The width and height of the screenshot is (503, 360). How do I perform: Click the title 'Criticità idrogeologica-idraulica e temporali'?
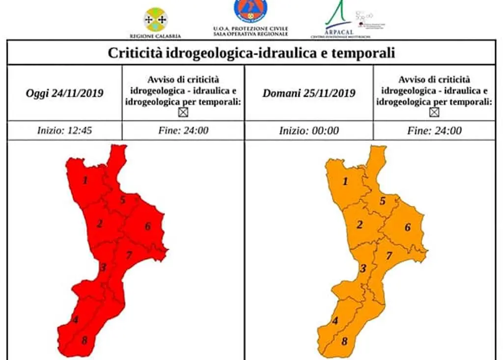click(x=251, y=53)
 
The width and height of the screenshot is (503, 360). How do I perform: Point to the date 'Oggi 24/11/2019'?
click(x=64, y=93)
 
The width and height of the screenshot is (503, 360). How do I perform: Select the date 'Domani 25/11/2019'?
click(x=308, y=93)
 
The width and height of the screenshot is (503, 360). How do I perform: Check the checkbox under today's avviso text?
click(x=183, y=112)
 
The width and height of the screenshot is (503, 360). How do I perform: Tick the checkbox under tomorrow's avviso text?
click(x=434, y=112)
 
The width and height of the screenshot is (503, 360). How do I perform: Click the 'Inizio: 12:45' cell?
click(x=64, y=131)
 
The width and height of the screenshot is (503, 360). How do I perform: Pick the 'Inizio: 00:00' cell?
click(x=308, y=131)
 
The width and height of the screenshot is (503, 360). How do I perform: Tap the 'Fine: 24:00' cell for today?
click(x=183, y=131)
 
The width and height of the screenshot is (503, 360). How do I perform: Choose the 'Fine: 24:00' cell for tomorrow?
click(x=434, y=131)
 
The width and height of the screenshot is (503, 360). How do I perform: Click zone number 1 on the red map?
click(x=85, y=180)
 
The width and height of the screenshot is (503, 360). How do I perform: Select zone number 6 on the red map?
click(x=147, y=226)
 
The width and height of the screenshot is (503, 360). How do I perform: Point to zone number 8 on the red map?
click(x=84, y=340)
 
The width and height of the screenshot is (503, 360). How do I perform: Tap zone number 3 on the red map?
click(x=103, y=268)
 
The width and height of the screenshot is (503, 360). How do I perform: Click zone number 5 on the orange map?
click(x=382, y=200)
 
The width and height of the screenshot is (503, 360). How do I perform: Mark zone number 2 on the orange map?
click(x=360, y=225)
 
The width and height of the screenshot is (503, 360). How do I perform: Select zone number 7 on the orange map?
click(x=389, y=256)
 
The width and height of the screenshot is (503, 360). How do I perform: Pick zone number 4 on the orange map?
click(x=335, y=321)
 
